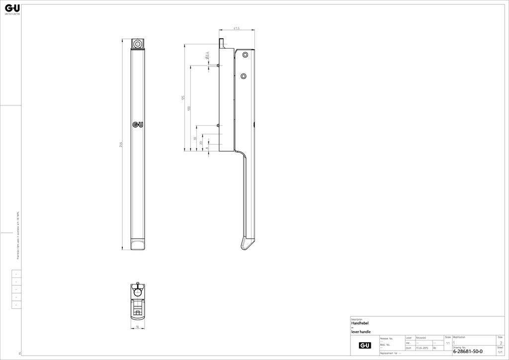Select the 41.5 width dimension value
point(237,29)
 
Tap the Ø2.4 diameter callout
point(206,57)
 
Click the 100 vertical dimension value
point(189,108)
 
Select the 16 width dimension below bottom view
point(137,327)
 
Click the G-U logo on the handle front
point(138,125)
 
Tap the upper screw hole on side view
point(244,56)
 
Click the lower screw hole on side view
point(243,76)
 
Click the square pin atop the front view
point(137,44)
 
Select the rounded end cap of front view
point(138,244)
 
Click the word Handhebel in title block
point(359,323)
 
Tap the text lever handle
point(361,332)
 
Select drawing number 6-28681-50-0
point(468,352)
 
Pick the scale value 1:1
point(448,343)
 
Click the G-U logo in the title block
point(364,345)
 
